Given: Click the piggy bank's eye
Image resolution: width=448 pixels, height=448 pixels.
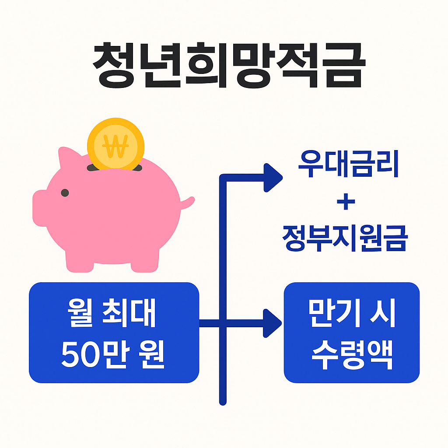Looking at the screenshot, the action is pos(65,192).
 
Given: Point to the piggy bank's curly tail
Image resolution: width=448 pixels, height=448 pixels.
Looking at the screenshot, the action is pos(188,203).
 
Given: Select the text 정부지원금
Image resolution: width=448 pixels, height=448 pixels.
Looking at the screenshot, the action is pos(345,239).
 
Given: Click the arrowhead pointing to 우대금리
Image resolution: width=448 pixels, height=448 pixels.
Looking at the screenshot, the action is pos(272,177).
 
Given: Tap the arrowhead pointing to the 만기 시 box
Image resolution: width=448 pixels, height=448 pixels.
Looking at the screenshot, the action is pos(272,323).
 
